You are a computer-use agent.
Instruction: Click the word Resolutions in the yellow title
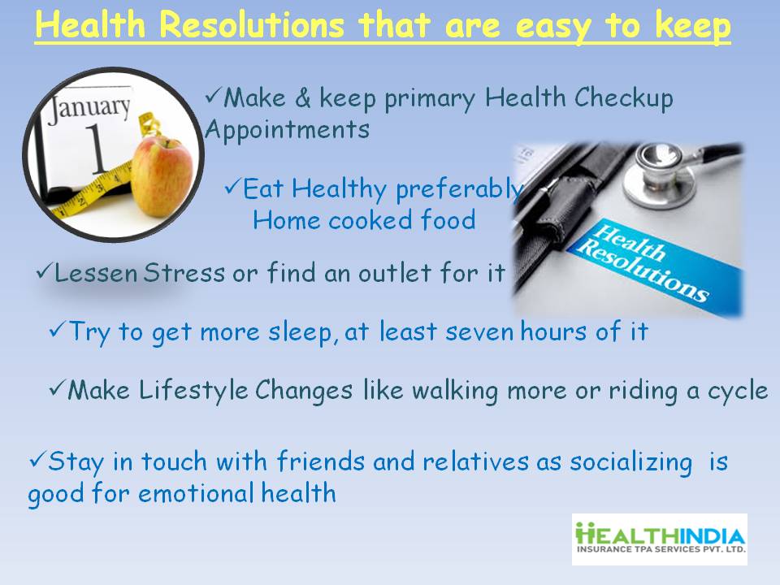pos(251,24)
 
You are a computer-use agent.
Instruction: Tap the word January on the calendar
pos(89,107)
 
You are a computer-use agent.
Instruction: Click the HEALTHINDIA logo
pos(660,539)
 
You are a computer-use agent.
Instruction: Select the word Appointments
pos(287,130)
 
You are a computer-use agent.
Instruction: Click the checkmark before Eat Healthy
pos(232,187)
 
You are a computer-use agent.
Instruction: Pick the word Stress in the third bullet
pos(184,273)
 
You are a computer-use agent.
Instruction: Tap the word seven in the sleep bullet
pos(479,331)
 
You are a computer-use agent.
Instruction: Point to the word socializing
pos(631,462)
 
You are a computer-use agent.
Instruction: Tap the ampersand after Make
pos(302,97)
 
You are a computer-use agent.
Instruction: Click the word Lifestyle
pos(193,391)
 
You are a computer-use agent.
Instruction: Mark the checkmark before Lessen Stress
pos(45,271)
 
